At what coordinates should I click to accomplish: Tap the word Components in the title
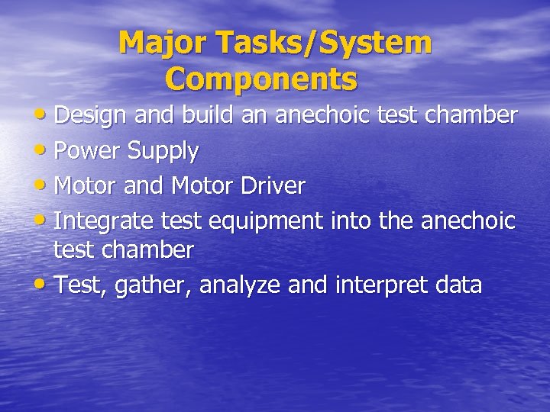(x=261, y=79)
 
